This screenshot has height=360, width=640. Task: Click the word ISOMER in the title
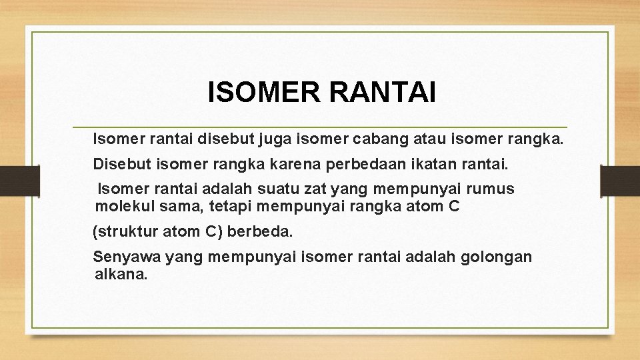point(263,93)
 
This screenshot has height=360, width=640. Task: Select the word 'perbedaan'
point(368,163)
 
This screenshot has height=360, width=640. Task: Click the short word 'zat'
point(298,189)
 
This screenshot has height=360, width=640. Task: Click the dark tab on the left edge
point(19,180)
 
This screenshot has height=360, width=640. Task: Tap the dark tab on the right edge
point(619,180)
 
